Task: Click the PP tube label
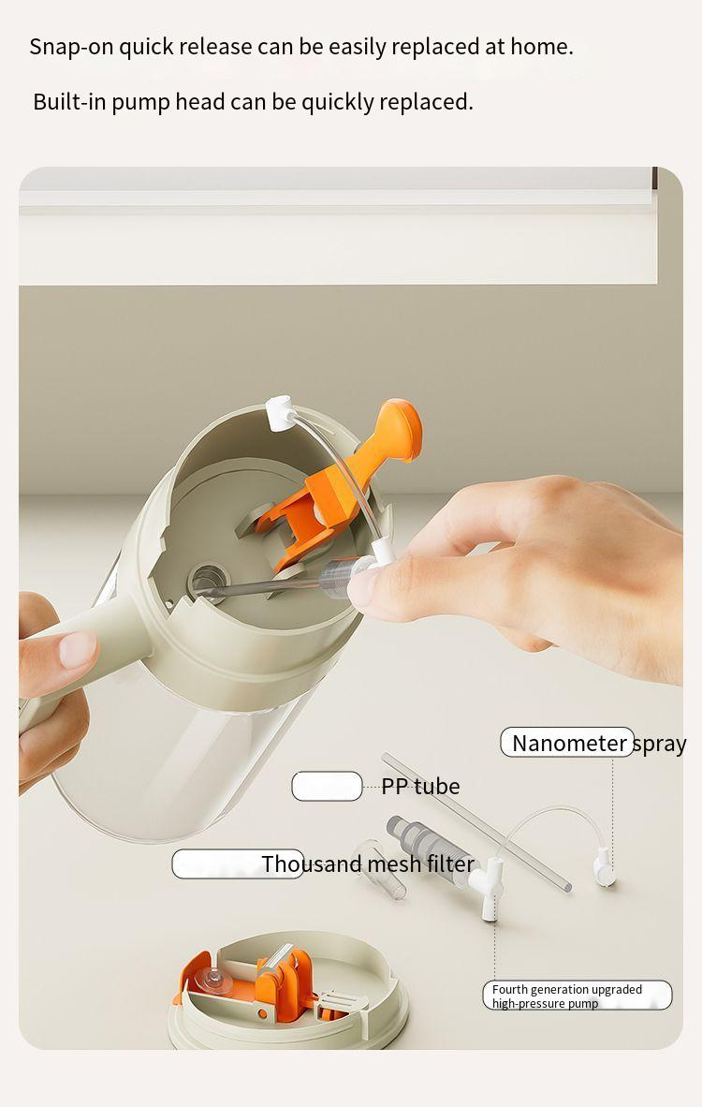tap(420, 786)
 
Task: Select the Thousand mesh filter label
tap(368, 863)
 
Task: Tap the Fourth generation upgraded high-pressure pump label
tap(567, 996)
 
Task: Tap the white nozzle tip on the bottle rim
tap(281, 413)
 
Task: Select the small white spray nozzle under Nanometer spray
tap(604, 867)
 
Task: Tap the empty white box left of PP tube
tap(327, 786)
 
